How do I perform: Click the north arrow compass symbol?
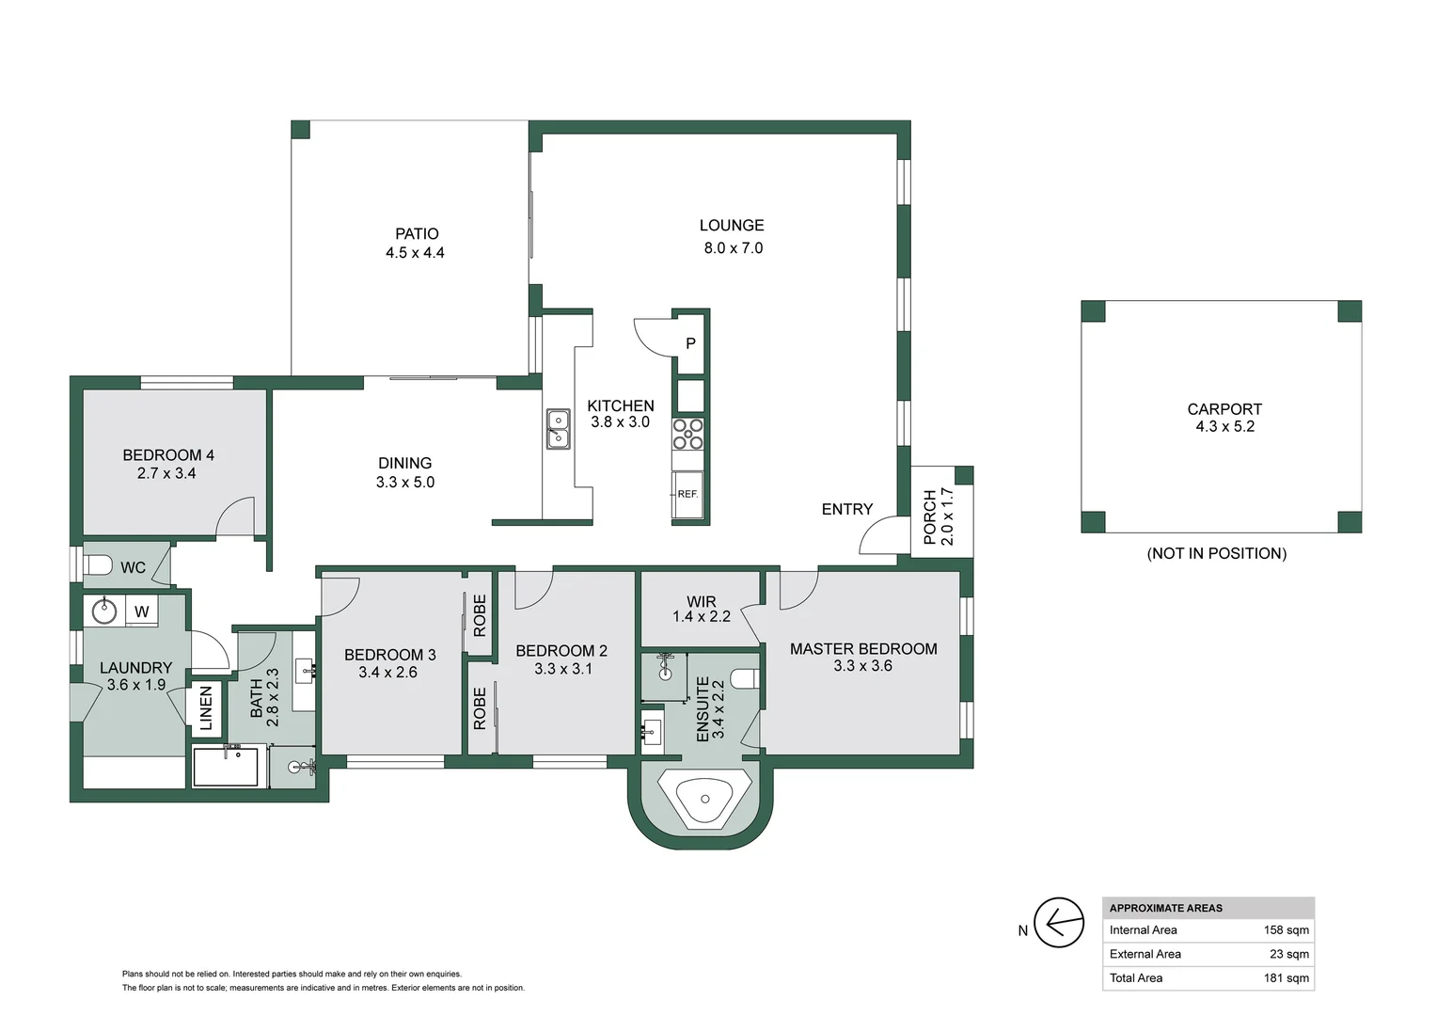(x=1058, y=923)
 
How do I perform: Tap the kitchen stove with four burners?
(x=687, y=435)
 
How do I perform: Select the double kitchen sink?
(x=559, y=429)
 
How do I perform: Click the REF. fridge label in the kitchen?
(x=687, y=494)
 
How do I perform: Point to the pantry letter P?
(x=690, y=344)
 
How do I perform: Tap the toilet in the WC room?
(x=98, y=565)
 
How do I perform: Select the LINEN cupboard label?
(x=206, y=708)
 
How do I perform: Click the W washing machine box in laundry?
(x=141, y=611)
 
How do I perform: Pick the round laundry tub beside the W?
(x=103, y=611)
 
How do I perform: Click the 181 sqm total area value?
(x=1286, y=978)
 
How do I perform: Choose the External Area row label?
(x=1145, y=954)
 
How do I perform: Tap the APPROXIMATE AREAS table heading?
(x=1165, y=909)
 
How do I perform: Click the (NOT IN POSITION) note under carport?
(x=1216, y=554)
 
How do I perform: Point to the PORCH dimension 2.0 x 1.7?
(x=948, y=516)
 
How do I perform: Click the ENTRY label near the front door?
(x=846, y=509)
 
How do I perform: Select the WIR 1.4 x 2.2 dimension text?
(x=702, y=617)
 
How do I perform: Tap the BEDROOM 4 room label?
(x=168, y=455)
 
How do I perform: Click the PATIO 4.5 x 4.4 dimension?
(x=415, y=253)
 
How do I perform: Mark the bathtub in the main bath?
(x=225, y=767)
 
